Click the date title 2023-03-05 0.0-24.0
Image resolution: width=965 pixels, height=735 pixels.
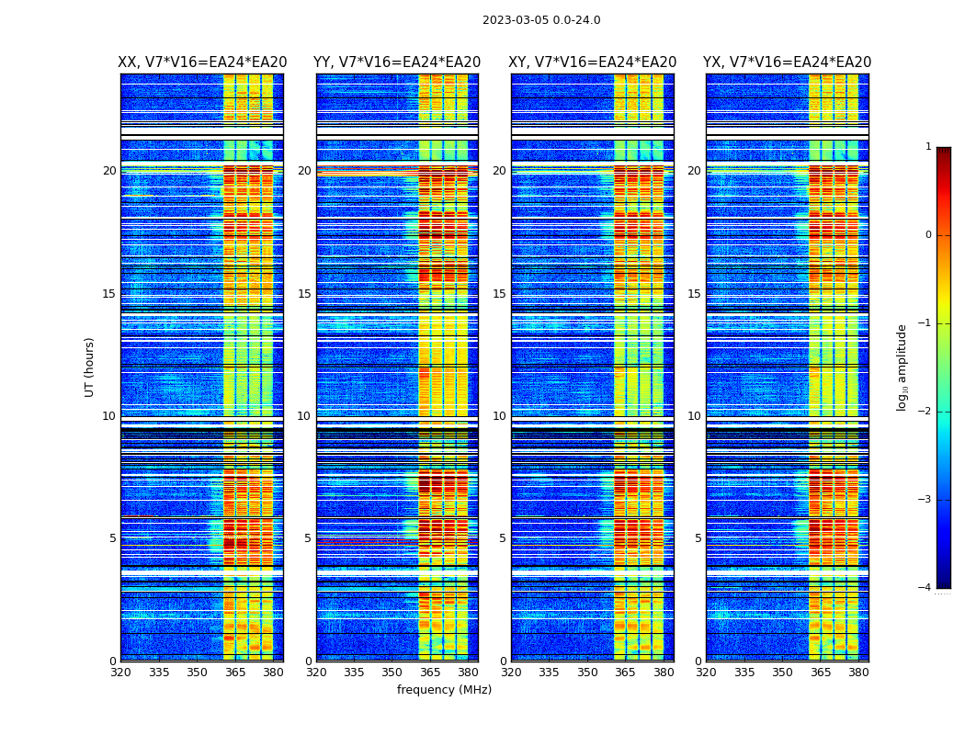click(541, 20)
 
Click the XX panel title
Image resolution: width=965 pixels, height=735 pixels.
click(202, 62)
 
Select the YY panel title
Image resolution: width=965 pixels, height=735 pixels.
click(397, 62)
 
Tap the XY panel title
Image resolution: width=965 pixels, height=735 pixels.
click(593, 62)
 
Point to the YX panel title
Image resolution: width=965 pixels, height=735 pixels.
click(788, 62)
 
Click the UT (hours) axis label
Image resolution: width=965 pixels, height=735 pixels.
click(89, 367)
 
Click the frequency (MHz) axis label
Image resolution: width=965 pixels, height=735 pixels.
click(444, 690)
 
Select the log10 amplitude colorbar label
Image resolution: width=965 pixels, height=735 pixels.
click(903, 367)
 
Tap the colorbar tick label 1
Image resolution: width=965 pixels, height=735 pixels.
click(928, 147)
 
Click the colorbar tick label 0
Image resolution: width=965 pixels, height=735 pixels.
click(928, 235)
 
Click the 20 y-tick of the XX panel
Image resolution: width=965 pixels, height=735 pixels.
click(109, 171)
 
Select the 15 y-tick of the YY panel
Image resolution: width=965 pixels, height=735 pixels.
click(304, 294)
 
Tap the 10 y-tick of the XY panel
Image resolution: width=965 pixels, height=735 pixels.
click(499, 416)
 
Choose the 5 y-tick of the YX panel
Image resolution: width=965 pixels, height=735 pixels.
click(698, 538)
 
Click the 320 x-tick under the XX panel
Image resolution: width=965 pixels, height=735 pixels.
click(120, 673)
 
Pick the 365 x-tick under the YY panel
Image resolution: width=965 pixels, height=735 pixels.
click(430, 673)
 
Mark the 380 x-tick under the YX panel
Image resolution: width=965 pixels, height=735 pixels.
click(858, 673)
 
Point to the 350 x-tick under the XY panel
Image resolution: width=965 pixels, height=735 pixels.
click(587, 673)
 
